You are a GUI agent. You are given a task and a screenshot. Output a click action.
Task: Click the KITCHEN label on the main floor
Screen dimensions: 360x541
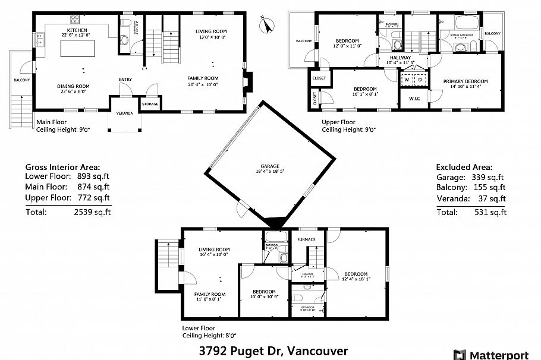click(x=77, y=30)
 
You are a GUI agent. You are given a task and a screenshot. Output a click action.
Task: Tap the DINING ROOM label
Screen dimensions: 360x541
click(x=73, y=86)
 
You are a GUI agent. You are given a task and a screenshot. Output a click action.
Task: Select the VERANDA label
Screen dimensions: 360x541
click(x=124, y=112)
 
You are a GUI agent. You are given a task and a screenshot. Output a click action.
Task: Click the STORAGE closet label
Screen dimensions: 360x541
click(x=150, y=105)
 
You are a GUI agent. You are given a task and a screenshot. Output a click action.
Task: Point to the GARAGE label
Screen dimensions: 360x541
click(x=269, y=166)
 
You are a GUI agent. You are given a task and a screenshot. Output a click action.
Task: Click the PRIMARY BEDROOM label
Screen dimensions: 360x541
click(x=465, y=81)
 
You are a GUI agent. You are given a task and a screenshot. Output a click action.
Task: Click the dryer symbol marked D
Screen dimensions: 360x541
click(x=419, y=79)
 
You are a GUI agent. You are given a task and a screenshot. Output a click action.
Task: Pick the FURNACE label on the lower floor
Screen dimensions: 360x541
click(x=307, y=239)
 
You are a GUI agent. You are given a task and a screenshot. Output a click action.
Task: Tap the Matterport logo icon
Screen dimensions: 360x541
click(x=460, y=355)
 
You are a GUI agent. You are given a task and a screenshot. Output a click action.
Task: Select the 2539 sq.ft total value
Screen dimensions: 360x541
click(x=93, y=211)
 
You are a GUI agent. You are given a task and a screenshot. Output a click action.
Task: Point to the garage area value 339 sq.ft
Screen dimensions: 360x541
click(x=489, y=177)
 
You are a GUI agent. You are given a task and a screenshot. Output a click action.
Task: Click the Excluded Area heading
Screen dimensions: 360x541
click(x=464, y=168)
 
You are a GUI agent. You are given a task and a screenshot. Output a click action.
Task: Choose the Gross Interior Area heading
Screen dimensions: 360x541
click(x=62, y=168)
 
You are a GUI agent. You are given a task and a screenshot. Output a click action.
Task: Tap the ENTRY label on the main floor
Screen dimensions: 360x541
click(x=125, y=80)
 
